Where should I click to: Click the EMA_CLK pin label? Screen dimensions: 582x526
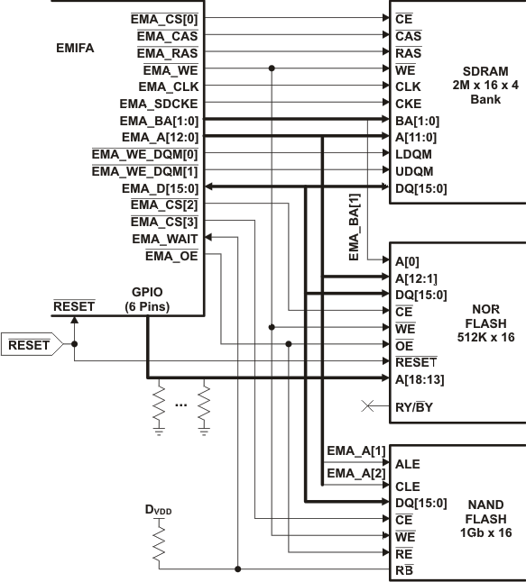(x=168, y=86)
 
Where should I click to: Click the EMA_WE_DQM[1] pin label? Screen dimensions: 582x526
(x=144, y=171)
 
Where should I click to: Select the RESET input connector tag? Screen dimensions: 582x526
(x=29, y=344)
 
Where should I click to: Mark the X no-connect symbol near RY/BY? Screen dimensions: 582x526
(x=367, y=407)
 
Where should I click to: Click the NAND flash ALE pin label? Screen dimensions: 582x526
(x=409, y=464)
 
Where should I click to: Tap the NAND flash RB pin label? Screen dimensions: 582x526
(x=405, y=569)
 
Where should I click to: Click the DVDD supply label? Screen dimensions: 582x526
(x=158, y=510)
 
